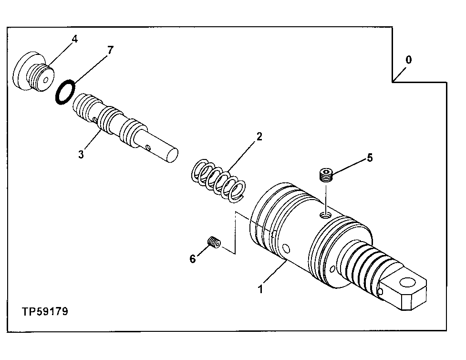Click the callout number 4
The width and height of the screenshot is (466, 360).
[x=74, y=39]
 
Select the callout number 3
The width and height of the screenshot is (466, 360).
[x=81, y=154]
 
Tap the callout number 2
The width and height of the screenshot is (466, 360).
[x=259, y=137]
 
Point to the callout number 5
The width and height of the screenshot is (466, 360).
[x=370, y=158]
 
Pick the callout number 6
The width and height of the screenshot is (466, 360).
[x=193, y=259]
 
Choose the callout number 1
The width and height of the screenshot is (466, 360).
[x=260, y=289]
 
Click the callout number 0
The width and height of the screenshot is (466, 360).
[x=408, y=60]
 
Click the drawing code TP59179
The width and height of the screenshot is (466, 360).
[x=45, y=311]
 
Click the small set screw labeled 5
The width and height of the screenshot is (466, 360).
[x=325, y=175]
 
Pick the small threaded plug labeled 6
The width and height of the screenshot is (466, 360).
[x=214, y=243]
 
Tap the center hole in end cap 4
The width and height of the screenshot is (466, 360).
[x=45, y=80]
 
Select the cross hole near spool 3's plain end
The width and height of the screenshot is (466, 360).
[x=150, y=148]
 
